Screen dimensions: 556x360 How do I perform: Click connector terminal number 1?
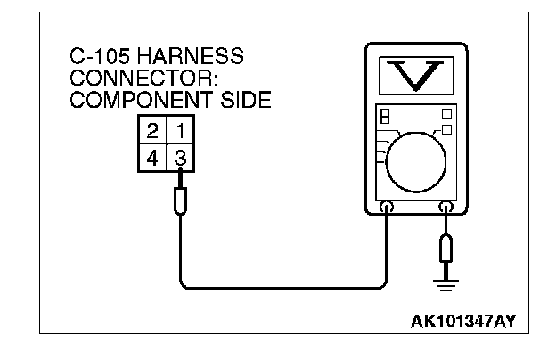tap(181, 131)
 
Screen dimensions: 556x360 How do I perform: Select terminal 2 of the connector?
tap(153, 131)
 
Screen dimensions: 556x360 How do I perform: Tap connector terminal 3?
tap(181, 159)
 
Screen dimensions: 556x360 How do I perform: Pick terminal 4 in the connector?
tap(153, 159)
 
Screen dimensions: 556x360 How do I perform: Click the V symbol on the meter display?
tap(415, 75)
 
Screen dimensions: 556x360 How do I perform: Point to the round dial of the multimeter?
tap(415, 160)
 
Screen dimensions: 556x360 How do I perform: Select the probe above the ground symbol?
tap(446, 247)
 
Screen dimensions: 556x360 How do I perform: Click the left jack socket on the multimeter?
tap(387, 209)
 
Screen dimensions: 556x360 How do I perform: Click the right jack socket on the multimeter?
tap(446, 209)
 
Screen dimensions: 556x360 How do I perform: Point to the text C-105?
tap(99, 56)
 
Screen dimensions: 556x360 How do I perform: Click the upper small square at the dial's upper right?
tap(446, 114)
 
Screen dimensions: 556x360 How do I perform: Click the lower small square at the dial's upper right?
tap(446, 130)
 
